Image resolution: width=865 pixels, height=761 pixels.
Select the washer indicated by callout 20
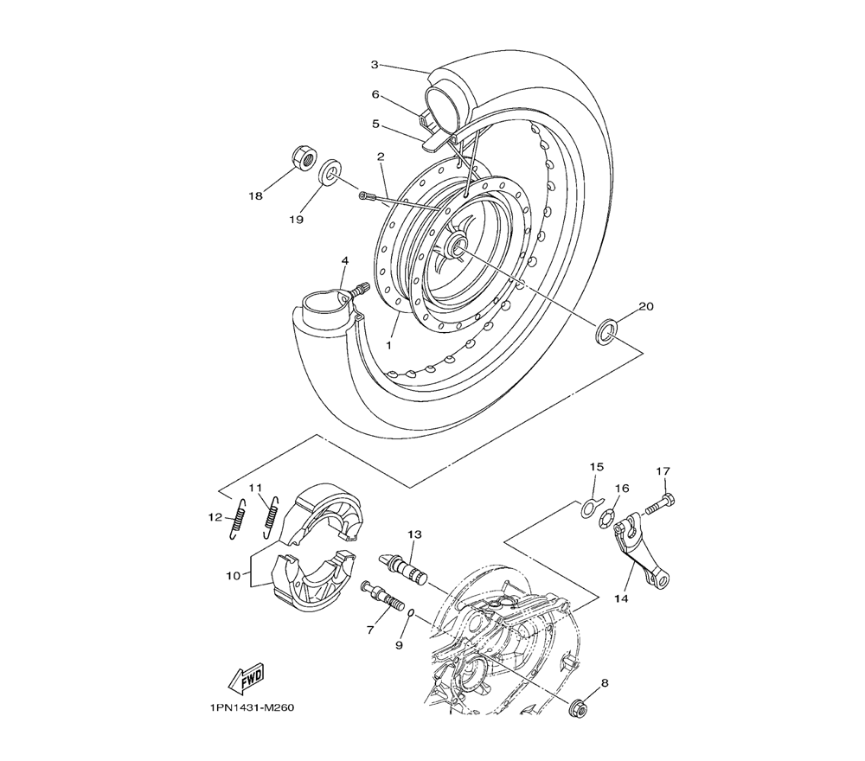pos(606,330)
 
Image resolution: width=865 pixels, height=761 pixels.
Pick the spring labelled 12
pos(236,518)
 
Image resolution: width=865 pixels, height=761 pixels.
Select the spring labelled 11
pos(271,517)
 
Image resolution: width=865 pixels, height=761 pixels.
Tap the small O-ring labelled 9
pos(411,614)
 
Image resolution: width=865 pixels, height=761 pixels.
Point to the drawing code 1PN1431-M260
pos(251,707)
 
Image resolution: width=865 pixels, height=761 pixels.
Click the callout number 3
pos(375,65)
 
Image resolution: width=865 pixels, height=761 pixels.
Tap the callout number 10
pos(233,576)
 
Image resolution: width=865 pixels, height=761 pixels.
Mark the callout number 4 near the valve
pos(345,260)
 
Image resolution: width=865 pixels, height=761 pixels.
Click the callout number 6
pos(375,95)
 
